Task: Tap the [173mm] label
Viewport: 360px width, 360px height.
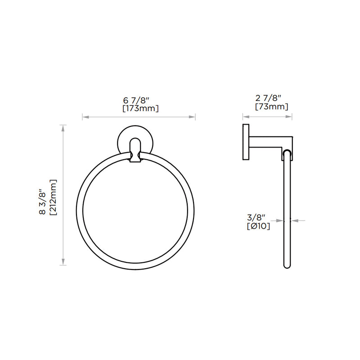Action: click(140, 108)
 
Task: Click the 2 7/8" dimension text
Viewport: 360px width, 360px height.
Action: click(268, 98)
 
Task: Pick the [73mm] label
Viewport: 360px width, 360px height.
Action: click(271, 107)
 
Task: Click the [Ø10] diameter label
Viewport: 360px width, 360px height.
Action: click(258, 226)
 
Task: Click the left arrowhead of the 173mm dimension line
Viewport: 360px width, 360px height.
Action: click(85, 117)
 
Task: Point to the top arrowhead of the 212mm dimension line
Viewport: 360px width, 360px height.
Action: click(63, 127)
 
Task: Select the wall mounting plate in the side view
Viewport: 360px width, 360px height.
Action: click(246, 142)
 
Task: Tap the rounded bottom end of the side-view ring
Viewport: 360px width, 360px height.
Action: click(287, 265)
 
